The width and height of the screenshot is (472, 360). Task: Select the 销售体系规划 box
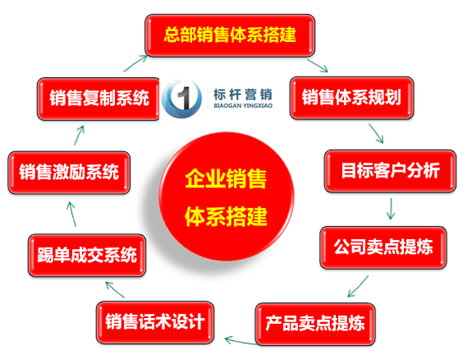349,98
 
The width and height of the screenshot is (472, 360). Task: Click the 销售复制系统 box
100,98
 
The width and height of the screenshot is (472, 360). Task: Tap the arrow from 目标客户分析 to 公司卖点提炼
393,207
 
